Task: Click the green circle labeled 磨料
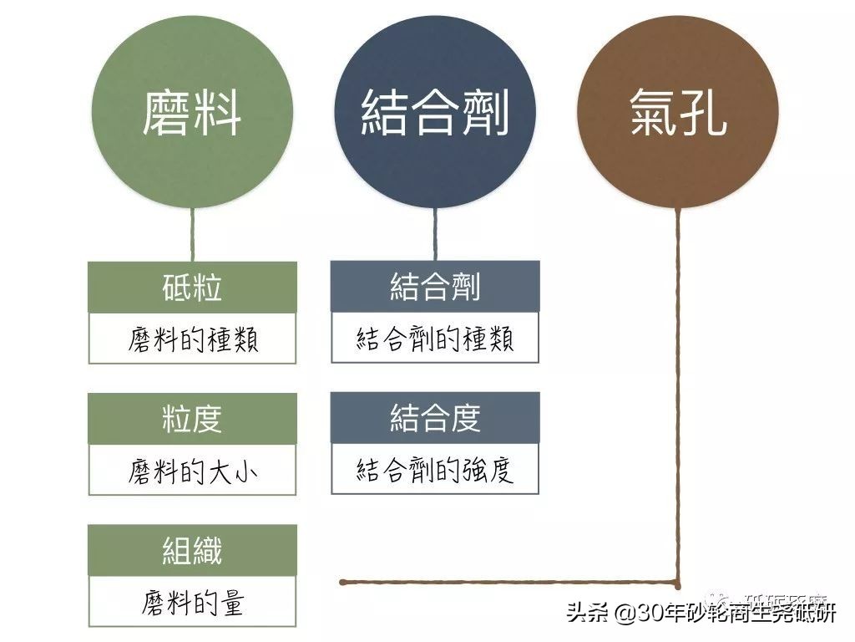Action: click(x=192, y=115)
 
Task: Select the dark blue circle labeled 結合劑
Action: click(x=435, y=115)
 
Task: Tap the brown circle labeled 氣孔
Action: click(x=677, y=115)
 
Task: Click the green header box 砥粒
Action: click(x=192, y=288)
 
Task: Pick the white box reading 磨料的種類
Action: click(x=192, y=339)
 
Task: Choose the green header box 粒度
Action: click(x=192, y=419)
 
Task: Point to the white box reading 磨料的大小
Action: click(x=192, y=470)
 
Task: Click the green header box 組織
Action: click(x=192, y=550)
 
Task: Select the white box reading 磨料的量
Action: click(x=192, y=602)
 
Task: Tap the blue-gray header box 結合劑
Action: click(x=435, y=288)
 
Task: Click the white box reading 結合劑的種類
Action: click(x=435, y=339)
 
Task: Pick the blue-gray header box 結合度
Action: click(x=435, y=418)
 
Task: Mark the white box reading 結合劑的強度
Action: click(x=435, y=470)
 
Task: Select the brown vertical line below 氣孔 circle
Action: click(x=678, y=393)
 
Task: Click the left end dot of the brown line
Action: click(x=342, y=581)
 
